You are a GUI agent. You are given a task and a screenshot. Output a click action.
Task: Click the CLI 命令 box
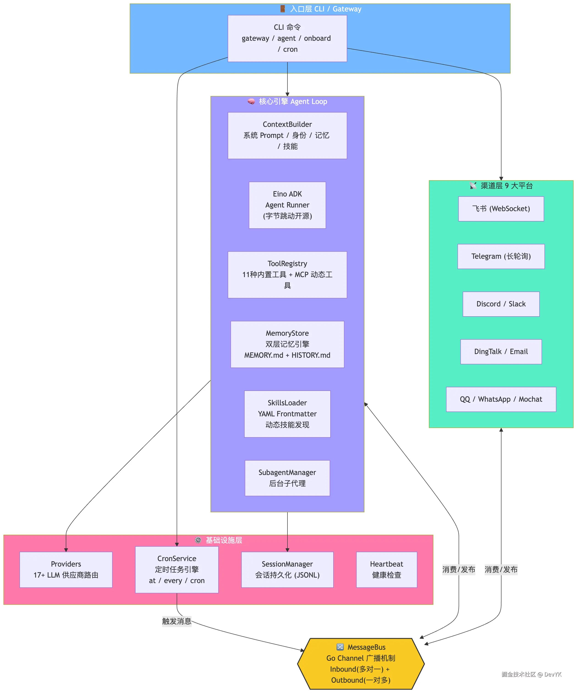[287, 38]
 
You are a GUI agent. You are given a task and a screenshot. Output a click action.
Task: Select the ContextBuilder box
[287, 135]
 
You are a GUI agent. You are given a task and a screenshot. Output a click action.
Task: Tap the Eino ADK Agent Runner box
[287, 205]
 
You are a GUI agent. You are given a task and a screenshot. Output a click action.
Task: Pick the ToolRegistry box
[287, 275]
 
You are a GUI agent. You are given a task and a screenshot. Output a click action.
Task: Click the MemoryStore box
[287, 344]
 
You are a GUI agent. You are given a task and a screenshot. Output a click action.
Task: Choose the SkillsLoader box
[287, 414]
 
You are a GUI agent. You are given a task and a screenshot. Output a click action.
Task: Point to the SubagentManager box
[287, 478]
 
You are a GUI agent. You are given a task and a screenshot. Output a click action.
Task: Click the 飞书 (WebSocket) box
[501, 209]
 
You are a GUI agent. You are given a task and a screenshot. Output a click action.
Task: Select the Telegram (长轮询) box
[501, 256]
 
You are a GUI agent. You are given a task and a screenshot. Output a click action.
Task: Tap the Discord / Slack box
[501, 304]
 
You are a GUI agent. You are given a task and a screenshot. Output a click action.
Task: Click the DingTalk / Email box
[501, 352]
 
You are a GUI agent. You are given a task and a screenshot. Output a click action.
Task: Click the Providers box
[66, 570]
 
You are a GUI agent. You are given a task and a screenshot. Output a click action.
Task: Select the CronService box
[177, 570]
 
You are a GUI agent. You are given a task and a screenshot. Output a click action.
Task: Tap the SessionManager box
[287, 570]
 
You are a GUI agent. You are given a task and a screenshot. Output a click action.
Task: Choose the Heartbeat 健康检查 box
[386, 570]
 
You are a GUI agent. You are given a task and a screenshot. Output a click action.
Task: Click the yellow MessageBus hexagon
[361, 664]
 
